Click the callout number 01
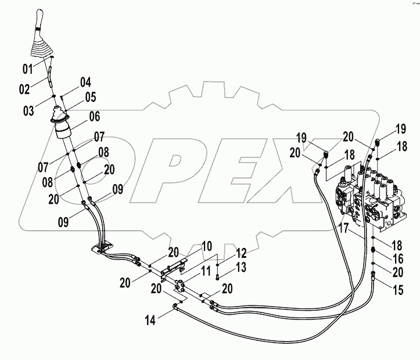pos(27,70)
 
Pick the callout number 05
pos(90,96)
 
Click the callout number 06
pos(95,115)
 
